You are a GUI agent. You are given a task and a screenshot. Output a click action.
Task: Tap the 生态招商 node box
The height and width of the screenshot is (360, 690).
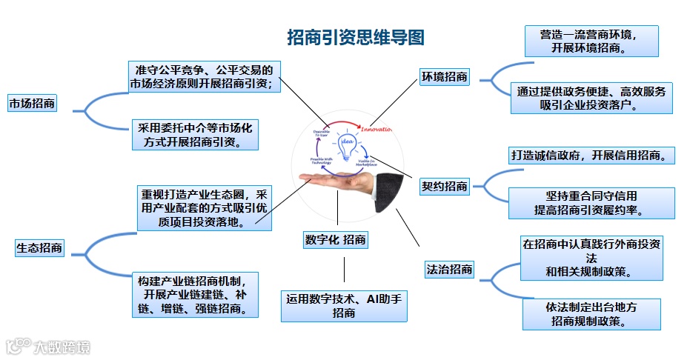click(x=39, y=249)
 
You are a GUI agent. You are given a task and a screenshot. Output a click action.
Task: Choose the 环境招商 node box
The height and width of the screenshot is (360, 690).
click(x=444, y=76)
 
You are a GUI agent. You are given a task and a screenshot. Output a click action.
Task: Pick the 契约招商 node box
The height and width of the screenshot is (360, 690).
click(x=444, y=186)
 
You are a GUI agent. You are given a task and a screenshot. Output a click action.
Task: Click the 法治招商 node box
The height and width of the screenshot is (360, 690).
click(x=449, y=269)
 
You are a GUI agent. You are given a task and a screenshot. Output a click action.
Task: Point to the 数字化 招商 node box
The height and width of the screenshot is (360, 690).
click(x=335, y=240)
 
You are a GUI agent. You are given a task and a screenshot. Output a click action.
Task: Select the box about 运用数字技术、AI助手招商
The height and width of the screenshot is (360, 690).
click(x=344, y=306)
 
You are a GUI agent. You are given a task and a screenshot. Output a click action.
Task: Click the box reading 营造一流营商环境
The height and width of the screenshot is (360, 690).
click(x=591, y=41)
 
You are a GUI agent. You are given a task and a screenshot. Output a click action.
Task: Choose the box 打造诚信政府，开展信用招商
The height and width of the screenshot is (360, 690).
click(x=591, y=156)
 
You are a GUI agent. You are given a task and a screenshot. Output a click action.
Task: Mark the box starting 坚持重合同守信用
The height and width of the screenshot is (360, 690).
click(x=591, y=203)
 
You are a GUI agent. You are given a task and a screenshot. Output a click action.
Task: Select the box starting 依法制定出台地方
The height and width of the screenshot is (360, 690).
click(x=591, y=314)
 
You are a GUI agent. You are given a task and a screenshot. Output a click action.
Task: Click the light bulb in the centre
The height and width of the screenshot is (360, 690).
click(x=345, y=144)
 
